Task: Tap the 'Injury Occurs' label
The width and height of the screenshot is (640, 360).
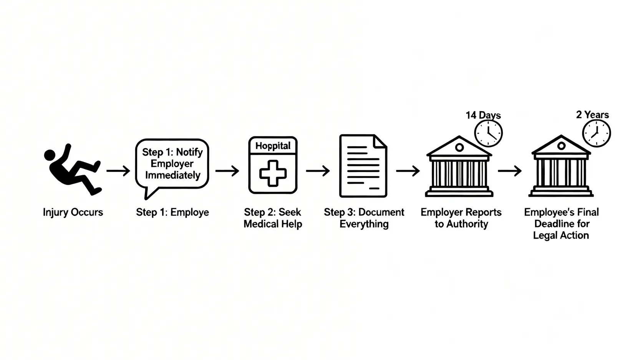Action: pos(73,212)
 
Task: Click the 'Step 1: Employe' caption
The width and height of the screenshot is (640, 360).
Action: pos(172,212)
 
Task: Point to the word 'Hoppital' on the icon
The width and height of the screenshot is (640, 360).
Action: pos(273,146)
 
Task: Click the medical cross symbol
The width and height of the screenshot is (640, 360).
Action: pos(273,173)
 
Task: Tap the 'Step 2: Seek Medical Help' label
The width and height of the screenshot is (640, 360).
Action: pos(273,218)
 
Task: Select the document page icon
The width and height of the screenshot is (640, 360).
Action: pos(363,166)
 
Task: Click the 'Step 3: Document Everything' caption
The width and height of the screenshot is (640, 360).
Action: pos(364,218)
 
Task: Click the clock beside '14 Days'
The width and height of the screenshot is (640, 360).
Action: pos(488,133)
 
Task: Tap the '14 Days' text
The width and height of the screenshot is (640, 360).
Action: pos(483,115)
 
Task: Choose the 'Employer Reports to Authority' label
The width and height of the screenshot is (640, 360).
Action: pos(461,218)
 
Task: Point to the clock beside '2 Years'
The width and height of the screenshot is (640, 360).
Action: pos(596,133)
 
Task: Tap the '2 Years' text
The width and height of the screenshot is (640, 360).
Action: pos(592,114)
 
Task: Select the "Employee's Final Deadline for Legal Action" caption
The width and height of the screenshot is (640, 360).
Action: pos(561,224)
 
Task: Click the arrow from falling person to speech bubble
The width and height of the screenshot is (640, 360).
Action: pos(118,171)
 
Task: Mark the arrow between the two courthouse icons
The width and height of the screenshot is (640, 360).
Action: pos(510,171)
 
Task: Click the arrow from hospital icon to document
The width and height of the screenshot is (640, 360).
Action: pos(318,171)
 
